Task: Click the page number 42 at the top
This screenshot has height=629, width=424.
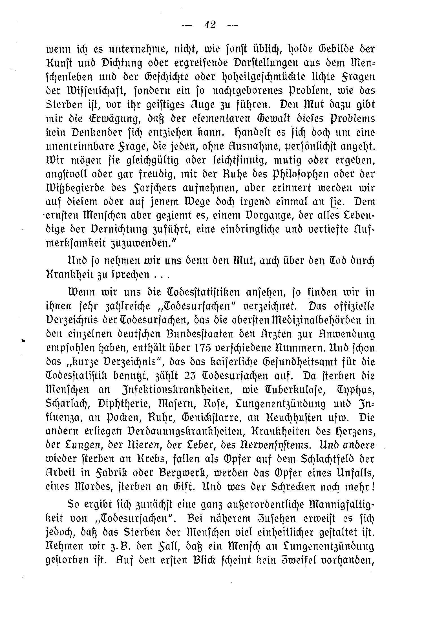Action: click(x=210, y=25)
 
